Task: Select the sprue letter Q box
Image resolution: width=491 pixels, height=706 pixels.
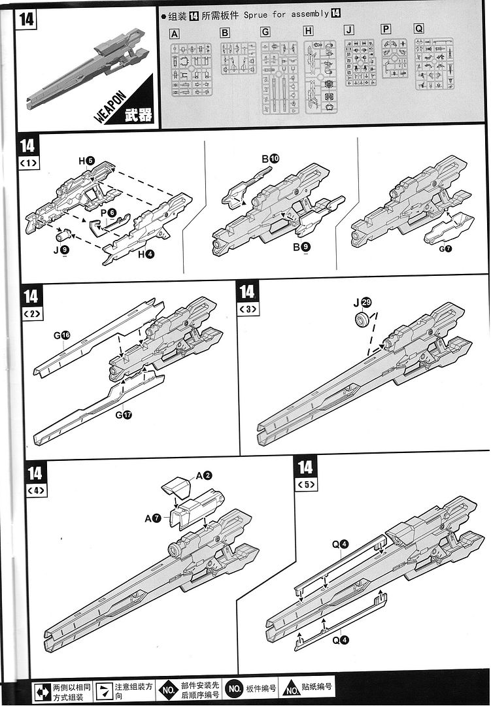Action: [418, 29]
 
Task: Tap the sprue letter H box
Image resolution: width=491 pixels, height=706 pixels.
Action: [309, 31]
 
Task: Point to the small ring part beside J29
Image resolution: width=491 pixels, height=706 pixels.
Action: [361, 320]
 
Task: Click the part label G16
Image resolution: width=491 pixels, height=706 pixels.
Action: [61, 336]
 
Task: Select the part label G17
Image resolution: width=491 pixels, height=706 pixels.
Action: [123, 414]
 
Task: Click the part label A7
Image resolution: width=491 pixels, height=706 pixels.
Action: [153, 518]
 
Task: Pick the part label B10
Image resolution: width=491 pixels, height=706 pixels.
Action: [270, 158]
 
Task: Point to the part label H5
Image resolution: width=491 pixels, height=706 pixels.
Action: [86, 160]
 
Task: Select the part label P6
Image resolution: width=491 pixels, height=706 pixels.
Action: [109, 212]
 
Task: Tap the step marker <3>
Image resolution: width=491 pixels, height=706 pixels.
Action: [248, 311]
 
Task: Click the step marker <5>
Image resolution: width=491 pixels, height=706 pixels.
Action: [306, 485]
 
